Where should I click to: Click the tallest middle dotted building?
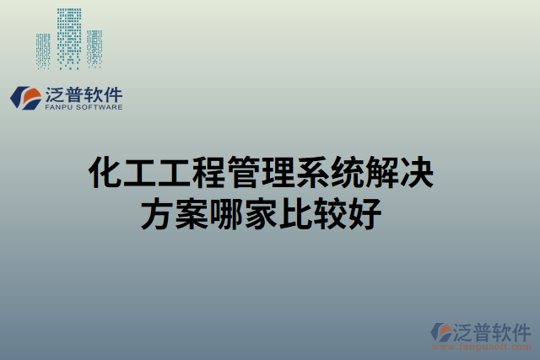[69, 37]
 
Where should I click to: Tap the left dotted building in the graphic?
[44, 51]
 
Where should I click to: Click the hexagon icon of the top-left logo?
[24, 97]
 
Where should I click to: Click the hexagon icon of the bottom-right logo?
[441, 332]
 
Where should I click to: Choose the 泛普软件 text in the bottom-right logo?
[491, 328]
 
